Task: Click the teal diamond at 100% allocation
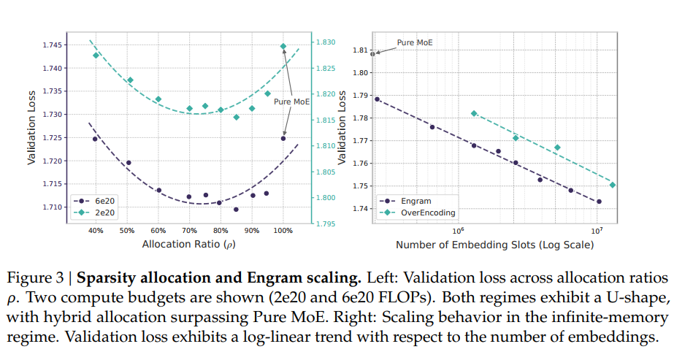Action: pyautogui.click(x=283, y=46)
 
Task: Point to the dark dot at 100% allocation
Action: pyautogui.click(x=283, y=138)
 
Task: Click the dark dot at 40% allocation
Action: pyautogui.click(x=95, y=139)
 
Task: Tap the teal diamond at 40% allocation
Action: pyautogui.click(x=96, y=55)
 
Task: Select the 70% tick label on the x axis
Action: pyautogui.click(x=189, y=231)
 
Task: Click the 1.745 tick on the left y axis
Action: pyautogui.click(x=53, y=45)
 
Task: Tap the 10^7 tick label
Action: pyautogui.click(x=597, y=231)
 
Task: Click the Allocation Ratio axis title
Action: pyautogui.click(x=189, y=244)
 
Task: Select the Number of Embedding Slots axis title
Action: pyautogui.click(x=494, y=245)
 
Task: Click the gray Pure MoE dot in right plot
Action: pyautogui.click(x=372, y=54)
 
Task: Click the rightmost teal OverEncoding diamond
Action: pyautogui.click(x=613, y=185)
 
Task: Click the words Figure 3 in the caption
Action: pyautogui.click(x=37, y=278)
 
